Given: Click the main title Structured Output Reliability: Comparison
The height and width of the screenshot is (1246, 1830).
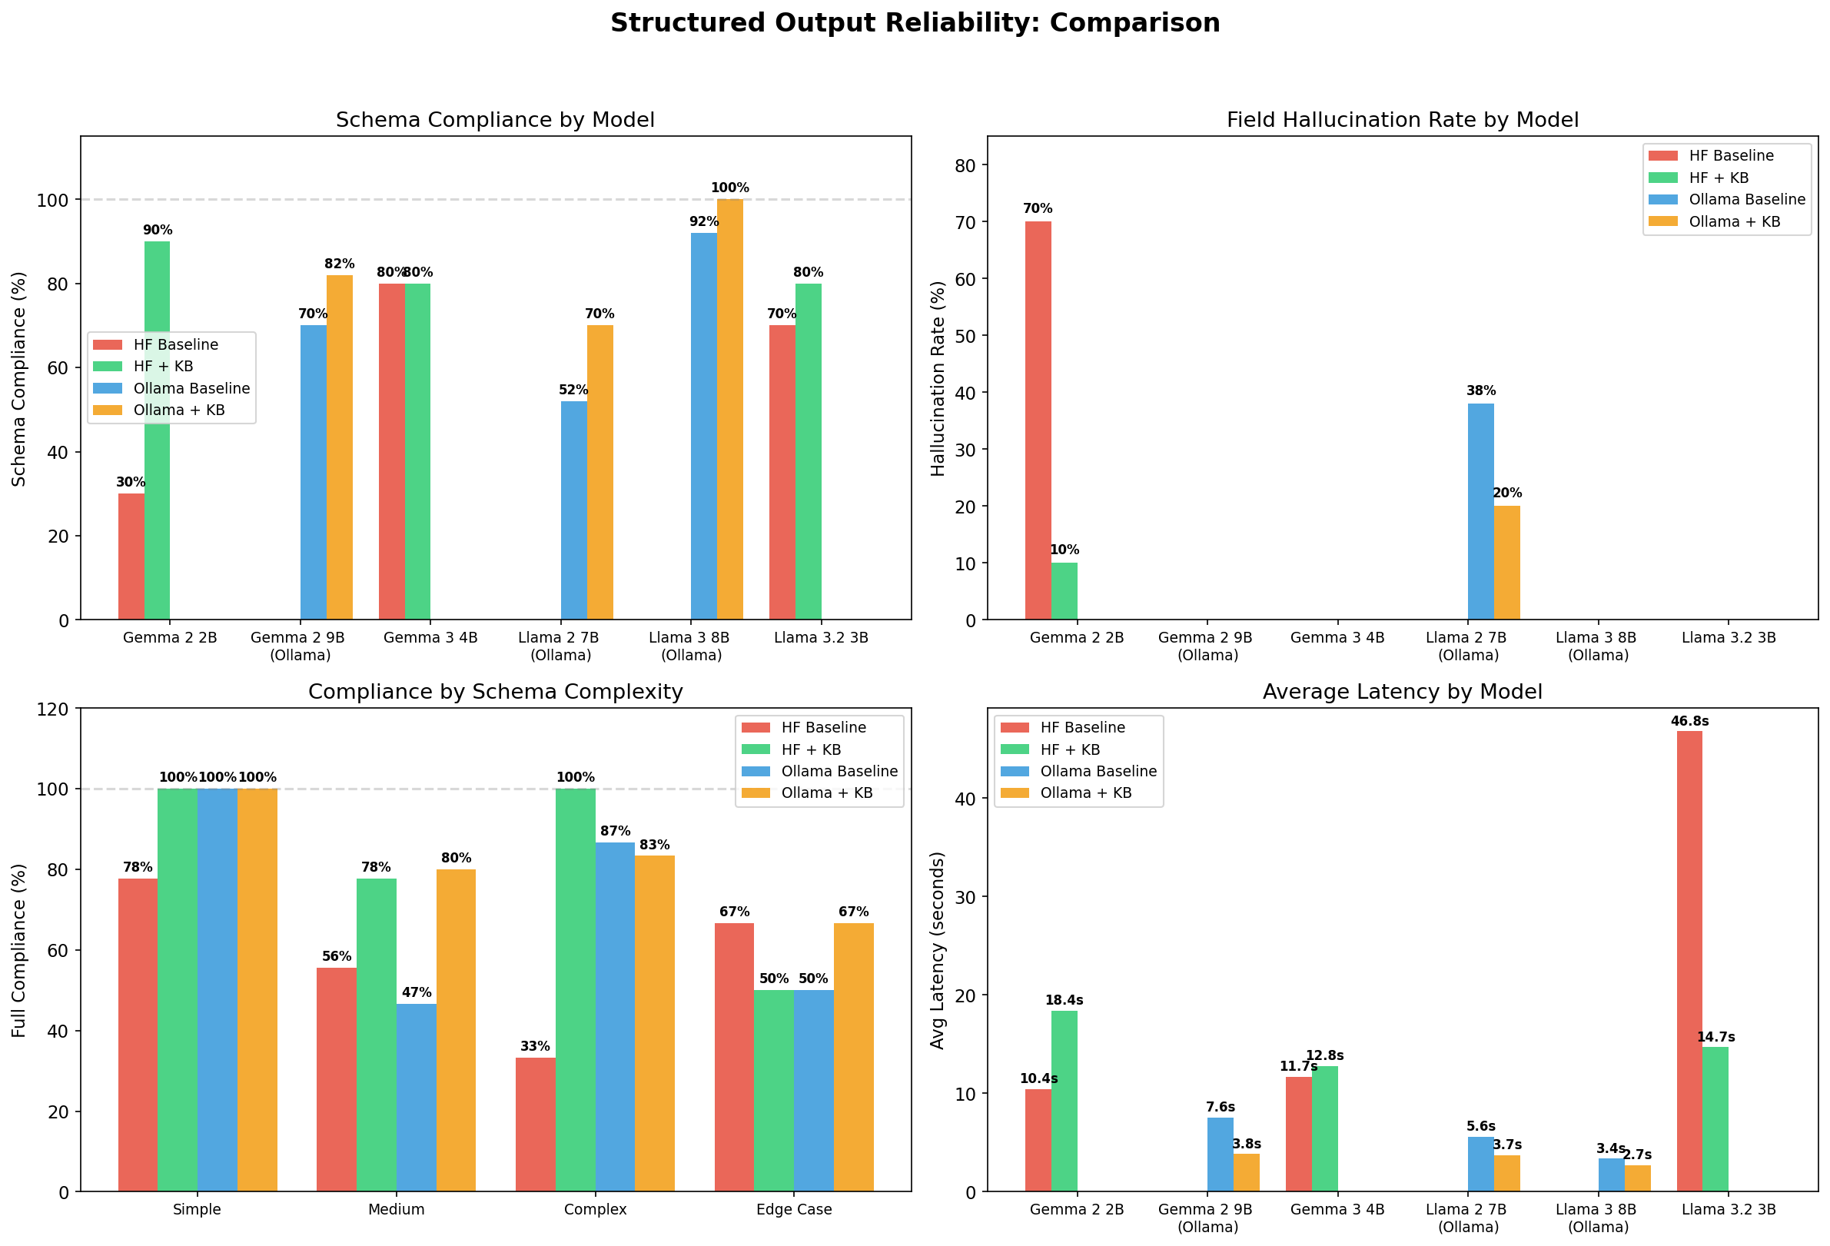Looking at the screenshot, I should click(914, 23).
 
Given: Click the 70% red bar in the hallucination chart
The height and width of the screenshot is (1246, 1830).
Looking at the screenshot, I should click(1037, 420).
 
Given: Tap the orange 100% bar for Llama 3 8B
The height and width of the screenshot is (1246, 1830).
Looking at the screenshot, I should click(729, 410).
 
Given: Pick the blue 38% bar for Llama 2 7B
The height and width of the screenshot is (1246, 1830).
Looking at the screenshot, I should click(1480, 512).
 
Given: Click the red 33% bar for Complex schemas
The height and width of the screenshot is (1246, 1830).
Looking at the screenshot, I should click(535, 1124).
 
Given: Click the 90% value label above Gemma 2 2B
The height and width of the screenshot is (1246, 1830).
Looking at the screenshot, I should click(158, 230).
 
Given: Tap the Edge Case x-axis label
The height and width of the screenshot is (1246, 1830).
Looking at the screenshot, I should click(793, 1209).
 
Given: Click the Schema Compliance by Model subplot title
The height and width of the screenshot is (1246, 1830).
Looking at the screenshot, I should click(494, 120).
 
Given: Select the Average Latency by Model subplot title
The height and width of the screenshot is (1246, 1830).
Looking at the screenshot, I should click(1402, 692).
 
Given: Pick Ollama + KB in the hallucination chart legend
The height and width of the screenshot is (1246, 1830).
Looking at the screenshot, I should click(1734, 221).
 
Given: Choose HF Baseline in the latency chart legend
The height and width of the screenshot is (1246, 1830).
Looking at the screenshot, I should click(1082, 727).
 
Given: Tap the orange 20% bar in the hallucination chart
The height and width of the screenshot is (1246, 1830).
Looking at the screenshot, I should click(1506, 563).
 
